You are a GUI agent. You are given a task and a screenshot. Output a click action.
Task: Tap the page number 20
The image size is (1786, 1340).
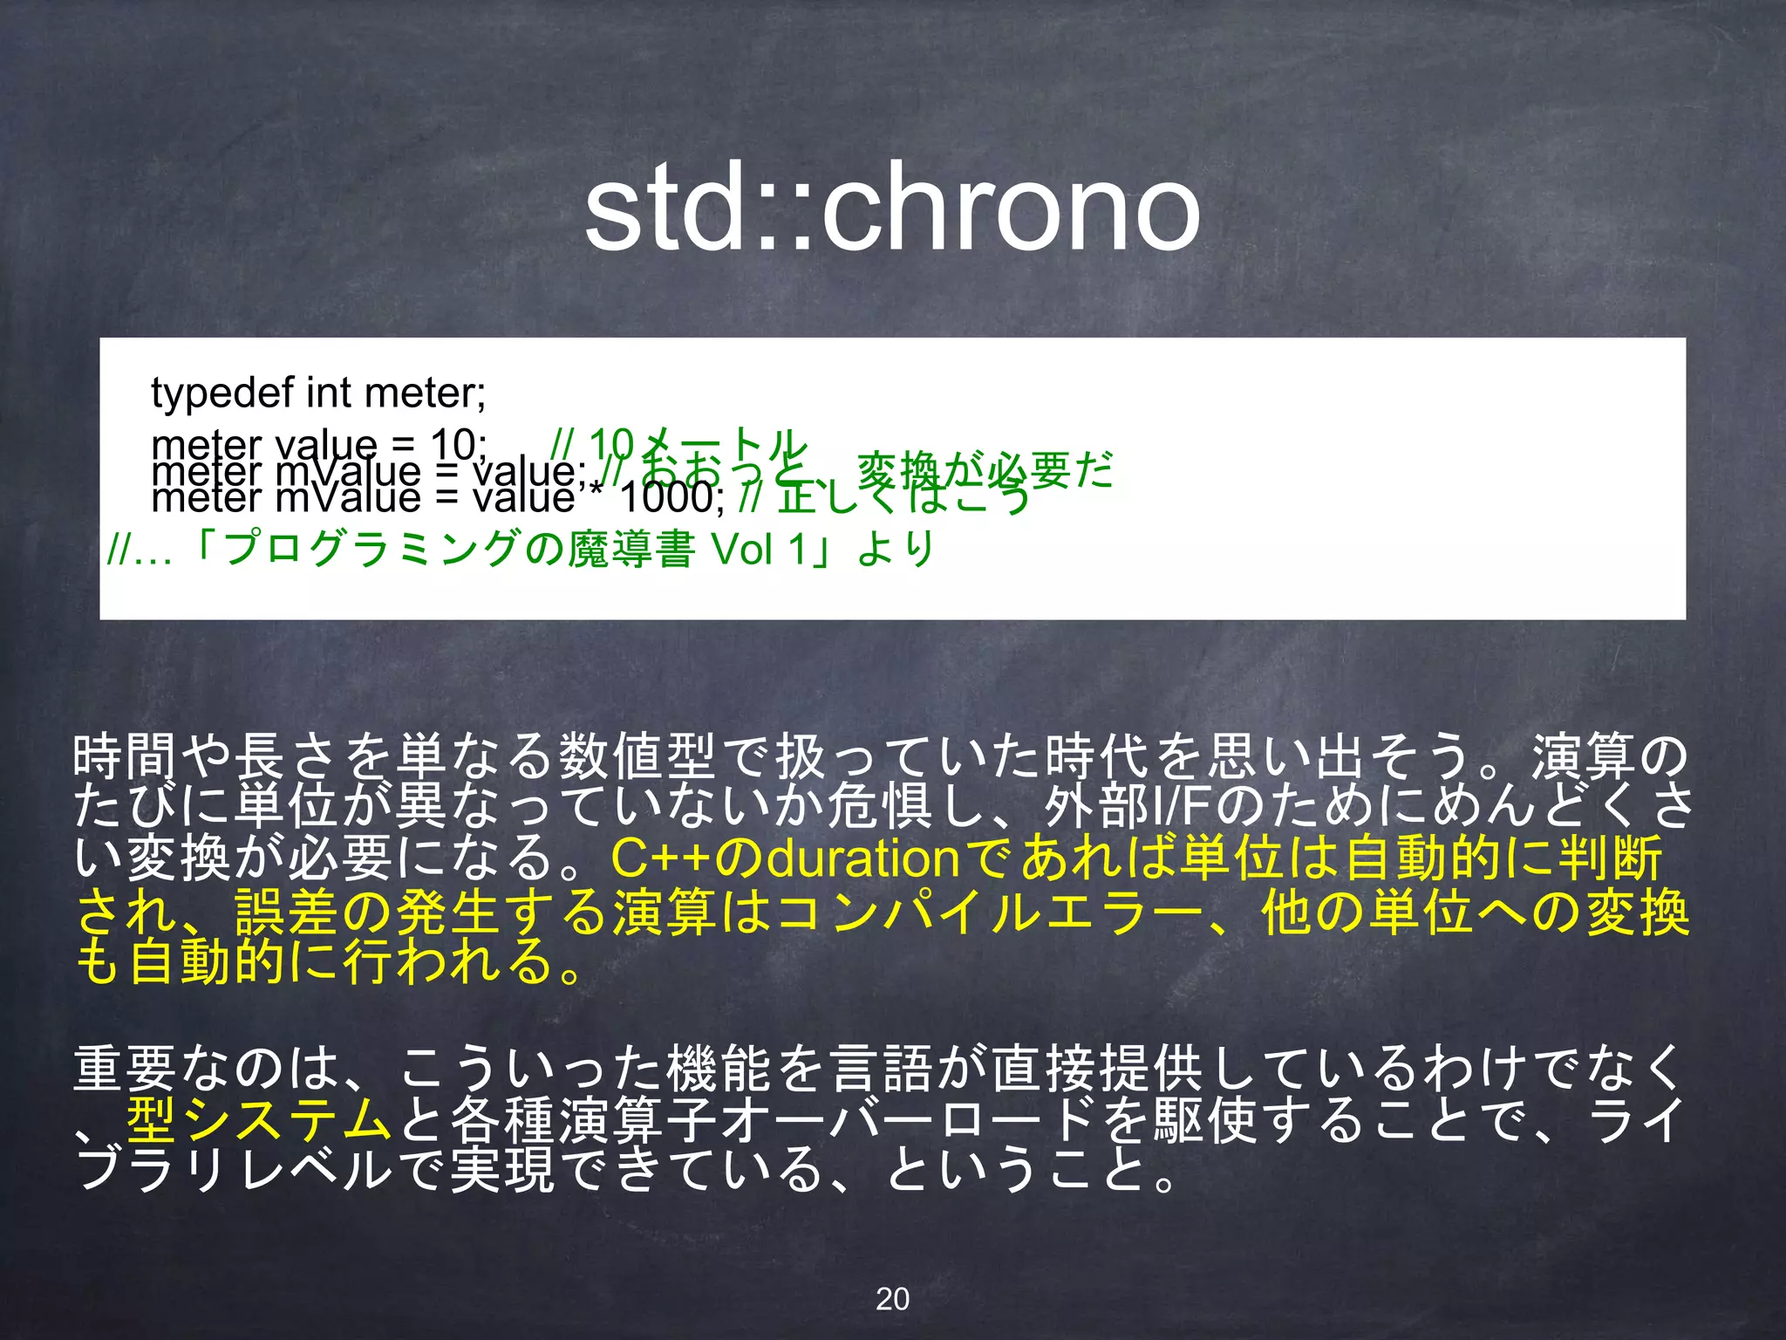tap(892, 1299)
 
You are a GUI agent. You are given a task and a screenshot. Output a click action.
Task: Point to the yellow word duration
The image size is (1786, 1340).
tap(863, 858)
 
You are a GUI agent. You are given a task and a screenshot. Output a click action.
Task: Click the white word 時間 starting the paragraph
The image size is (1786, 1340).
tap(126, 756)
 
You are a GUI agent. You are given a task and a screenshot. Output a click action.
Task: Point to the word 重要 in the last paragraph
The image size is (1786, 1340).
tap(126, 1069)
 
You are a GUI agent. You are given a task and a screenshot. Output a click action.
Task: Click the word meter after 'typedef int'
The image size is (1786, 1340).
tap(425, 393)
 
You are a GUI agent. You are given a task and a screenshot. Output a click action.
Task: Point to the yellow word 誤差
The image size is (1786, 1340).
tap(288, 912)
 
